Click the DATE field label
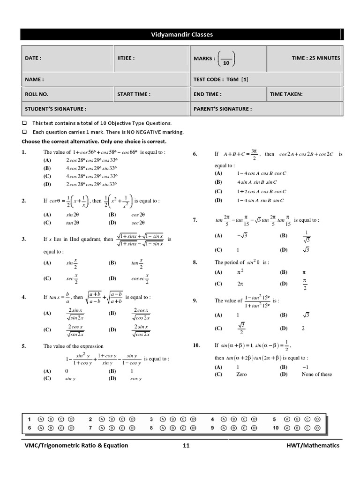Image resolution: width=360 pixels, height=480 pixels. coord(33,58)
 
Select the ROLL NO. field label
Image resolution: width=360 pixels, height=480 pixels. coord(37,94)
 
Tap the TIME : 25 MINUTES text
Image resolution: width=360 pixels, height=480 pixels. coord(315,58)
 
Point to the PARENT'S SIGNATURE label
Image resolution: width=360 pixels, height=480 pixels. coord(222,109)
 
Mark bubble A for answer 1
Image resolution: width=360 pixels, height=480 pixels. coord(41,419)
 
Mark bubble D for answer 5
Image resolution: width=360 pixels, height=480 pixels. coord(318,419)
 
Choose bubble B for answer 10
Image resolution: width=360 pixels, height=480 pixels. coord(297,427)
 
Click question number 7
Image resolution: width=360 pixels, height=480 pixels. coord(195,220)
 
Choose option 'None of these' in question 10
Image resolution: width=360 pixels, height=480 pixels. coord(316,374)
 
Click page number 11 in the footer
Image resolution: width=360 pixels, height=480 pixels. coord(186,445)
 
